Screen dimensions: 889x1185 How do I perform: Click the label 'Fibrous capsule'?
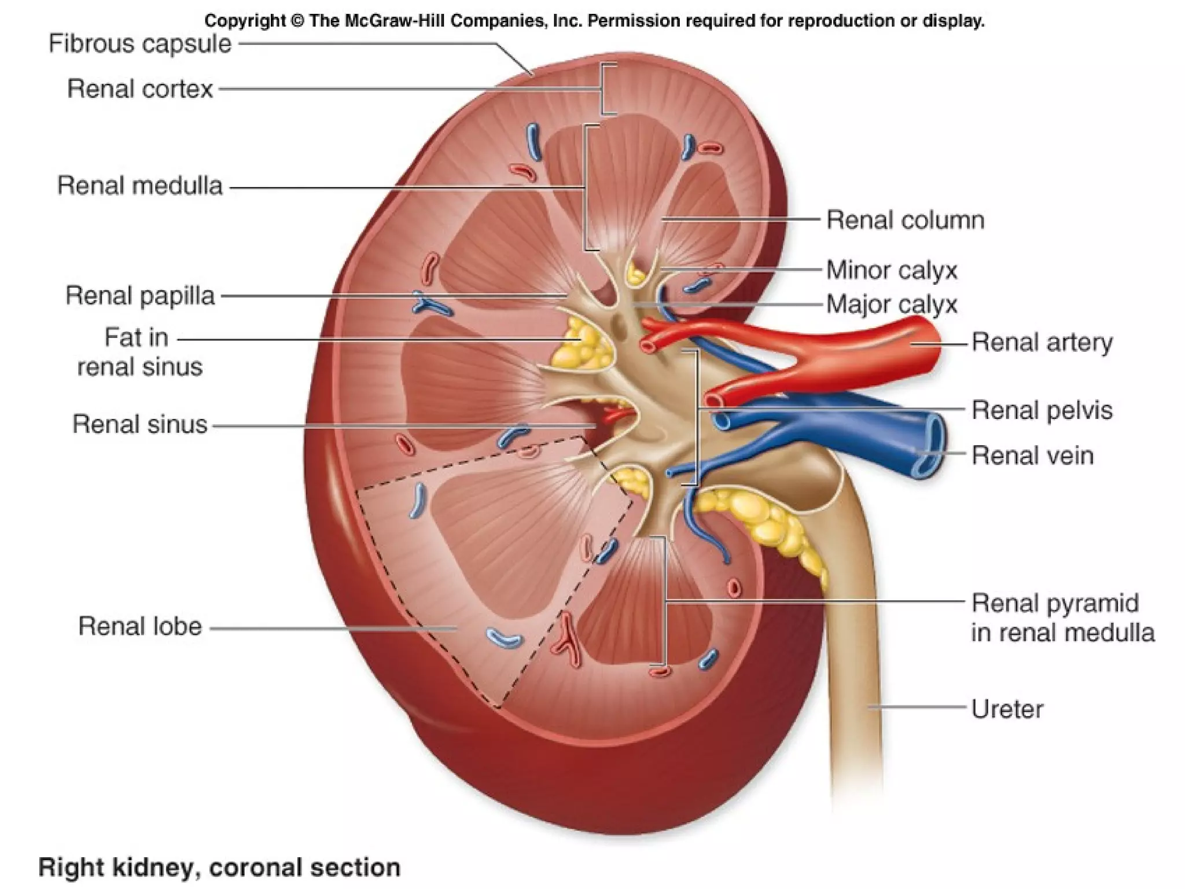coord(139,44)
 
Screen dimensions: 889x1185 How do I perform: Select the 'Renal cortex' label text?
coord(140,89)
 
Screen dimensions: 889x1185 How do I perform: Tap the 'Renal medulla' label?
coord(139,186)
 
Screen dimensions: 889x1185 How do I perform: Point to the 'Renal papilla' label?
coord(139,296)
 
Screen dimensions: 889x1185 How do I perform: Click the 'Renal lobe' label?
coord(139,626)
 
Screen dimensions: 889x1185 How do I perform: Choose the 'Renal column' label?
coord(905,221)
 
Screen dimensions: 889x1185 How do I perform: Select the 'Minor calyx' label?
coord(891,270)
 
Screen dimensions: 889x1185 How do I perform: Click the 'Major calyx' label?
coord(891,304)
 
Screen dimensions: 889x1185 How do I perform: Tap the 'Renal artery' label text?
coord(1042,342)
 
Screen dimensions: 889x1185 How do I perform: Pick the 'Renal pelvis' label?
coord(1042,410)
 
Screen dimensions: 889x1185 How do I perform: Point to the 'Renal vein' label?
coord(1032,455)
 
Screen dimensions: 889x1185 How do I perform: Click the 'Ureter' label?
coord(1007,709)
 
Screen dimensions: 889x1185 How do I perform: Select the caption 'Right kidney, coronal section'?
coord(219,868)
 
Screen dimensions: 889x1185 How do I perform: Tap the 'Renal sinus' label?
coord(139,424)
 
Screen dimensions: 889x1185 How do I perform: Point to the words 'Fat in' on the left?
coord(136,337)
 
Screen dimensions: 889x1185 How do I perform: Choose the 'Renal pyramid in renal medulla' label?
coord(1062,618)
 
